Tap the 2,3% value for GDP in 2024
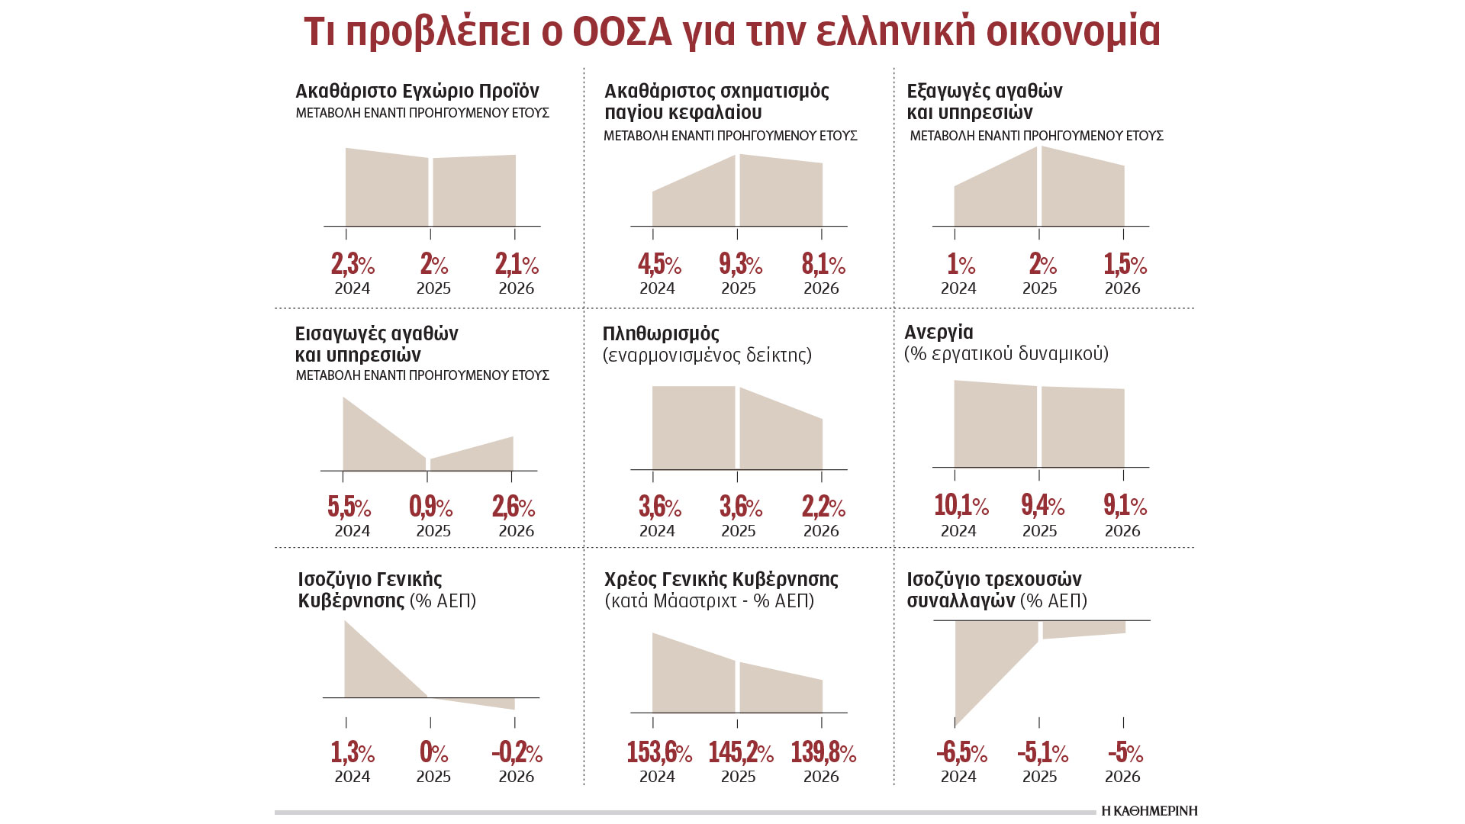click(x=353, y=265)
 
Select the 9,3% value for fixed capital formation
click(x=740, y=265)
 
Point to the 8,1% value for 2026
click(x=823, y=265)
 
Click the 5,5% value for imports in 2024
click(x=349, y=507)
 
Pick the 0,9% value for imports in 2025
click(x=431, y=507)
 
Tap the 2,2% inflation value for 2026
click(x=823, y=507)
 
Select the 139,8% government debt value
click(x=823, y=753)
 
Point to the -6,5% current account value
click(x=961, y=753)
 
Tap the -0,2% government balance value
click(x=517, y=753)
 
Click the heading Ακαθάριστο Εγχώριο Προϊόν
click(x=417, y=91)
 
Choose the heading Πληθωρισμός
click(x=661, y=333)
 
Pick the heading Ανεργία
click(x=939, y=332)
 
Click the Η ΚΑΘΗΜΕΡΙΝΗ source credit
click(x=1149, y=811)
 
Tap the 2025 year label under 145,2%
click(x=739, y=777)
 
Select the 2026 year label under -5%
click(x=1122, y=777)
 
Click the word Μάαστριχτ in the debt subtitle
click(x=695, y=601)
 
